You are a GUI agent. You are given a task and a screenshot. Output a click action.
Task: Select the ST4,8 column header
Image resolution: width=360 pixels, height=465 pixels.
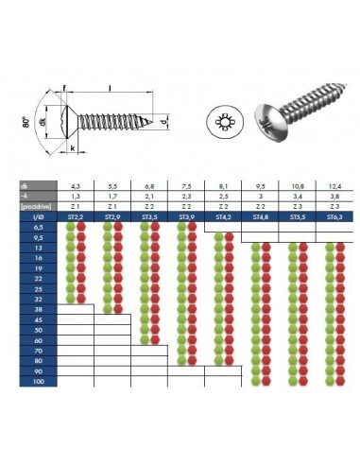(x=256, y=216)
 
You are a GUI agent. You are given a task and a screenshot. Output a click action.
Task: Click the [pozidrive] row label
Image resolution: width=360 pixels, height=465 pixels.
(x=38, y=206)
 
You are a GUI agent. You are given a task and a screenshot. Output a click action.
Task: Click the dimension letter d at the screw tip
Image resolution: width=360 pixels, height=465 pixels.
(x=166, y=123)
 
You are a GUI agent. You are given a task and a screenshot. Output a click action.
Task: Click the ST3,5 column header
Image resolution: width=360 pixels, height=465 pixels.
(x=147, y=216)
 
